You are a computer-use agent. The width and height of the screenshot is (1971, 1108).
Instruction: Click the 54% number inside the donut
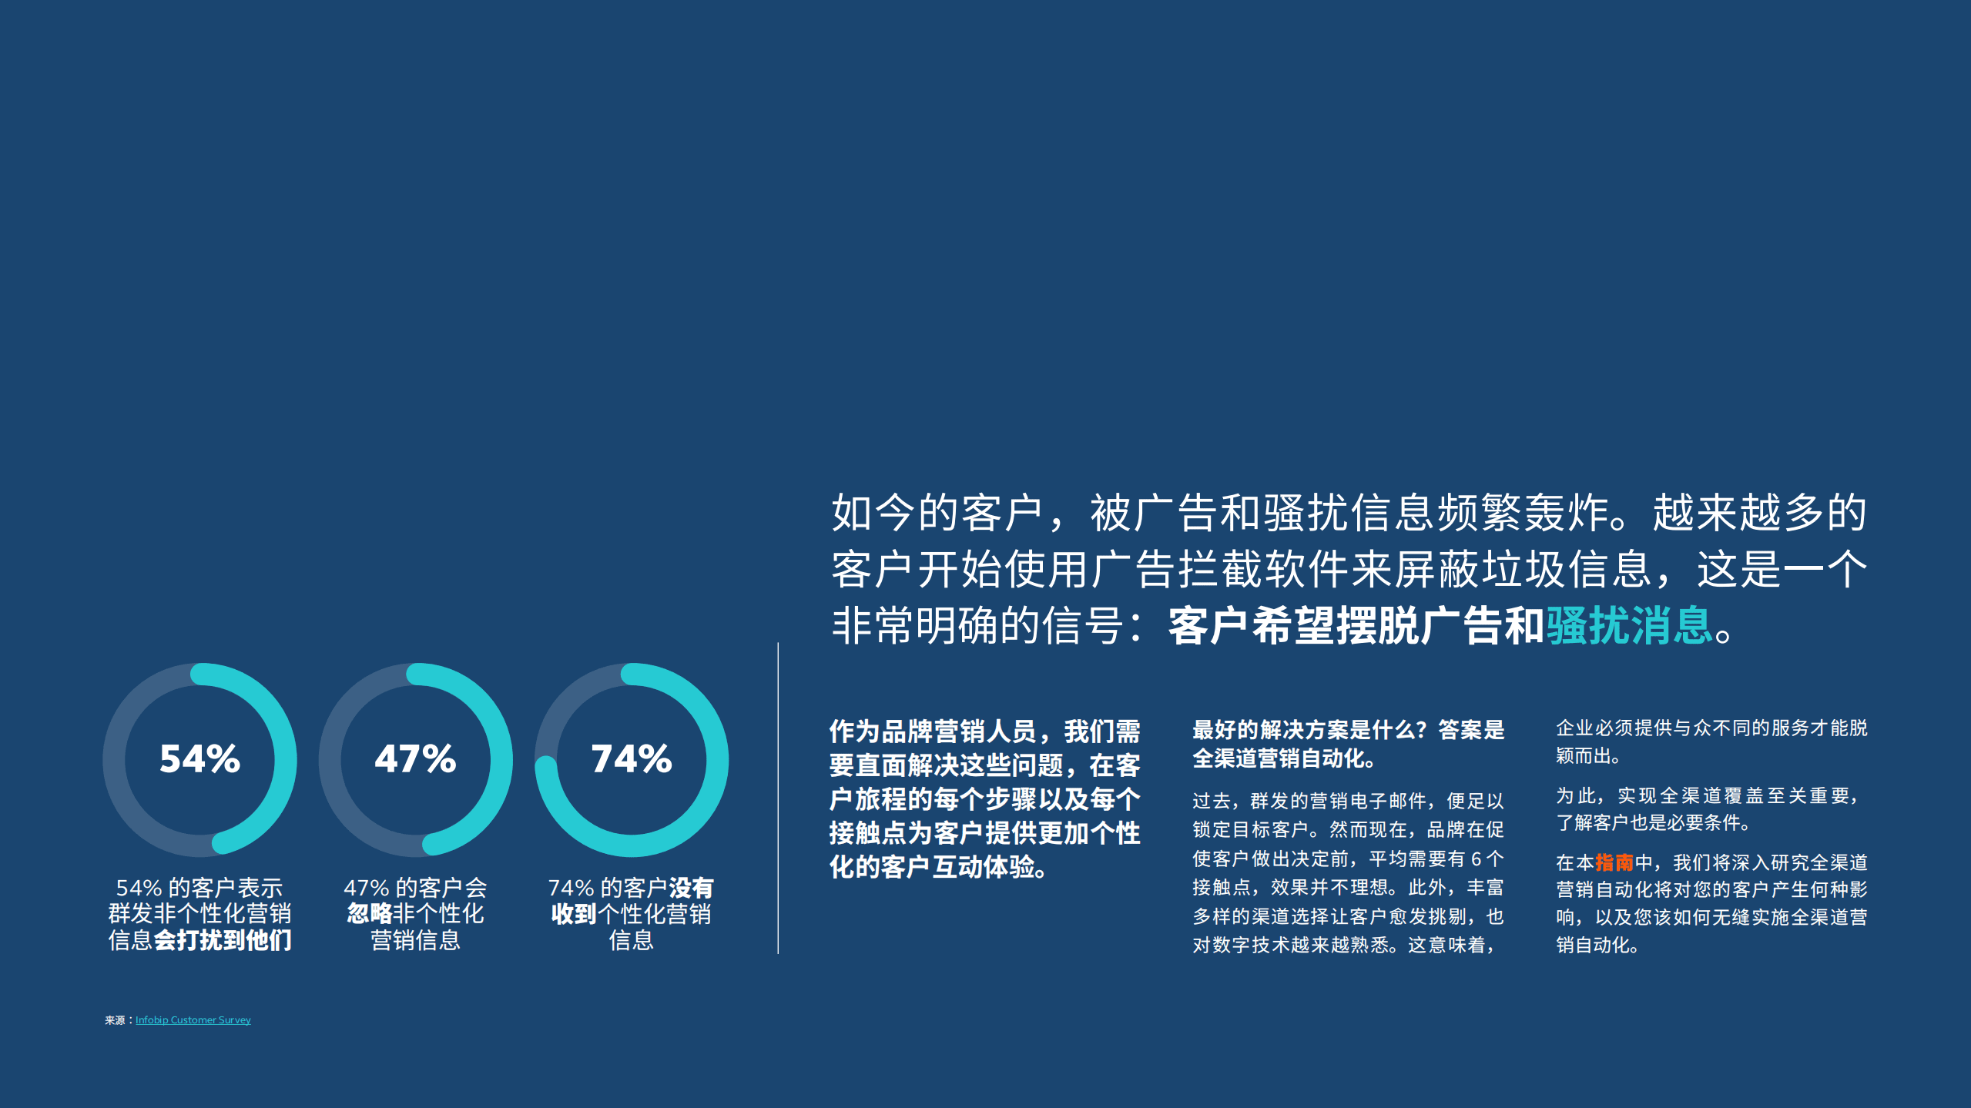(199, 759)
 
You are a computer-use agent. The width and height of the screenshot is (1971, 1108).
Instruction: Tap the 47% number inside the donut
(415, 759)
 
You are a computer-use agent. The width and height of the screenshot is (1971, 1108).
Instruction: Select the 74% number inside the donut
(631, 759)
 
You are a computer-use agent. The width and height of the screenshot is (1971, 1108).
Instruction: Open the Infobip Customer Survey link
(193, 1020)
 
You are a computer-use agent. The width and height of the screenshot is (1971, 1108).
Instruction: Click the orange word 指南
(1614, 862)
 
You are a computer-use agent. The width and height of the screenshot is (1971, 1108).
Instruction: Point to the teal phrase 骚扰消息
(1628, 625)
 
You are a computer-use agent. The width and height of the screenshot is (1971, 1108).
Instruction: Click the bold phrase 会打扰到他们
(223, 940)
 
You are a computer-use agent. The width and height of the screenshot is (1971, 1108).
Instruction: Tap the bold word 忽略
(370, 914)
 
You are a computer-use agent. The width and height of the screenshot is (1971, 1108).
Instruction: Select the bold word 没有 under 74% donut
(691, 888)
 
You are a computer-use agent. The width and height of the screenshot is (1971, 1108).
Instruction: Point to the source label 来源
(115, 1020)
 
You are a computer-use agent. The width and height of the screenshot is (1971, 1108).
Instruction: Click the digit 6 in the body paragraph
(1476, 859)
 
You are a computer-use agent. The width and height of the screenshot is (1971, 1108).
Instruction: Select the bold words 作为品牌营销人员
(932, 731)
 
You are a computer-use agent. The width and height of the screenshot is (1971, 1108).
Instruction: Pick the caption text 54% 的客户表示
(199, 888)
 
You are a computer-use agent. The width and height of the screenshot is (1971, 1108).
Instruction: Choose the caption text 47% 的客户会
(415, 888)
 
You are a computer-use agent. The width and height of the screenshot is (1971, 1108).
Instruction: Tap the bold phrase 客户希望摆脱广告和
(1356, 625)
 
